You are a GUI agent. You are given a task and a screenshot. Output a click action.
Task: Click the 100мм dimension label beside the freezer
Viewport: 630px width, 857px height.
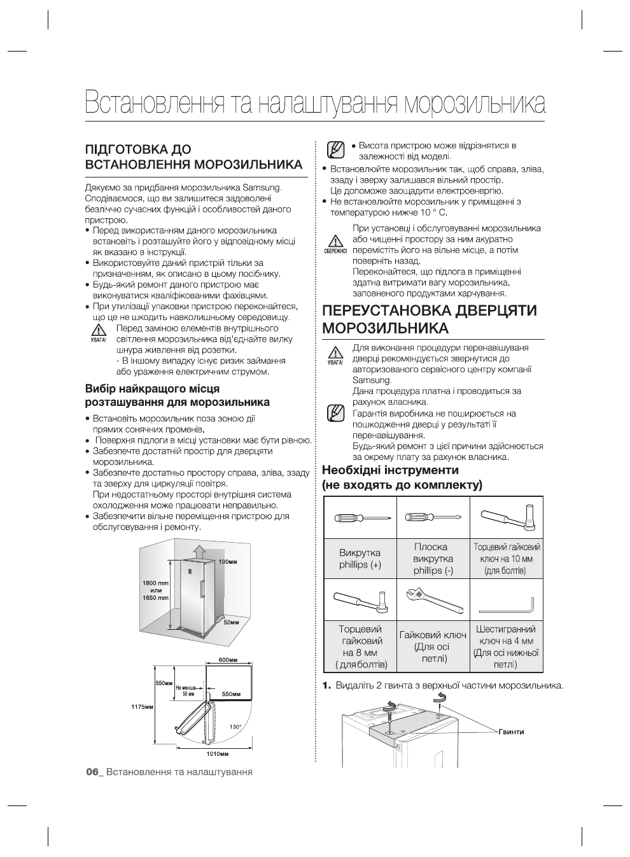[x=228, y=562]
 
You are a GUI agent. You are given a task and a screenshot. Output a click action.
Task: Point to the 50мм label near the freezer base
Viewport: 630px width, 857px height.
[x=231, y=622]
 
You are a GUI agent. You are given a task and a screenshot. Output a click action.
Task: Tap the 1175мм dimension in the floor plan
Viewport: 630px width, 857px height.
[x=143, y=707]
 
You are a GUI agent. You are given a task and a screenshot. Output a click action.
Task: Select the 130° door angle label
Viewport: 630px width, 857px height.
[x=235, y=727]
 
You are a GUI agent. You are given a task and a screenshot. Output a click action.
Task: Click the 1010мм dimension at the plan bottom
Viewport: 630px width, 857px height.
[x=217, y=754]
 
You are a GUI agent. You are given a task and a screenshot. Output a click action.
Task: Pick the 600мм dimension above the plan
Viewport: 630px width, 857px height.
[x=228, y=660]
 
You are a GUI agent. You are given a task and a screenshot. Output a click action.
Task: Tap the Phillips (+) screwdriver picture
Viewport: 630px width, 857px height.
[x=360, y=517]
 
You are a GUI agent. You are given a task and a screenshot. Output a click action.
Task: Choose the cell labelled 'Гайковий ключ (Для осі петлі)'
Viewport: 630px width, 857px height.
[x=433, y=646]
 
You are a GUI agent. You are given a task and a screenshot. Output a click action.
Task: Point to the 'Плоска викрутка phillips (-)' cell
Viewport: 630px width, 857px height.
[x=433, y=559]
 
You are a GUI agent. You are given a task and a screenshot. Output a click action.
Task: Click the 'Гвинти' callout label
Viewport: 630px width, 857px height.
[x=511, y=732]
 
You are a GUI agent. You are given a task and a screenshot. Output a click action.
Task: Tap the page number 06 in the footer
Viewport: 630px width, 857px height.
[x=93, y=772]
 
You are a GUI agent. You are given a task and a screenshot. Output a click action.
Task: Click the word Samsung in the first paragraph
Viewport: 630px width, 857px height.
[x=262, y=188]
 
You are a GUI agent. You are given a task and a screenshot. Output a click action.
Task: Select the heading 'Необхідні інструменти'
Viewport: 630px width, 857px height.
[x=390, y=471]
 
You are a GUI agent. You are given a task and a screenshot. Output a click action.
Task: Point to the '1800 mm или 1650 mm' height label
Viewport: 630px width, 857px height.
[x=155, y=590]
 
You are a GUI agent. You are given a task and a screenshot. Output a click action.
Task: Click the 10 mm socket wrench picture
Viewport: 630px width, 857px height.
[x=507, y=517]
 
